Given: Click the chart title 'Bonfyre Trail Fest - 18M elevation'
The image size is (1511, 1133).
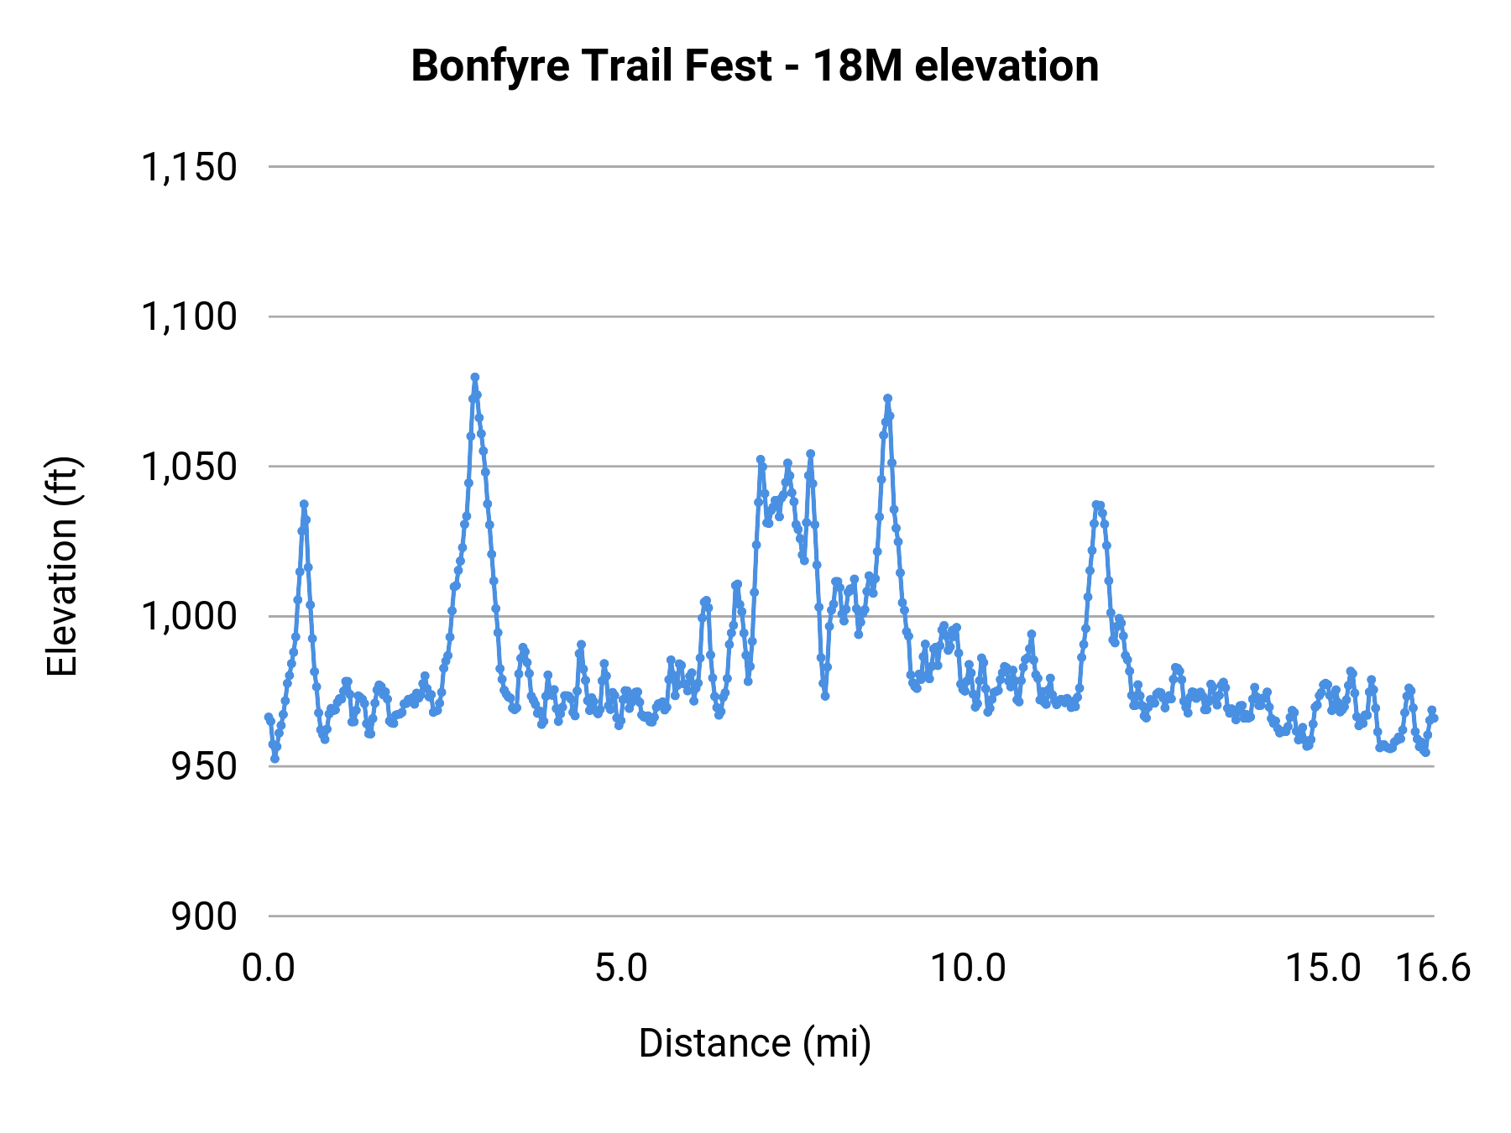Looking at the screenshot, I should (x=754, y=65).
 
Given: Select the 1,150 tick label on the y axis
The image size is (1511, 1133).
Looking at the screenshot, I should (x=190, y=167).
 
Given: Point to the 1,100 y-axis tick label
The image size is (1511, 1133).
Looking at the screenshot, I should (x=190, y=317).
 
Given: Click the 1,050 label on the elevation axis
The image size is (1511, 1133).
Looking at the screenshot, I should (x=190, y=467).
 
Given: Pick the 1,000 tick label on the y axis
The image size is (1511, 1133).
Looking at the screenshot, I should (x=190, y=617).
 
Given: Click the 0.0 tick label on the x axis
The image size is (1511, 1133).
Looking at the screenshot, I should (x=269, y=969).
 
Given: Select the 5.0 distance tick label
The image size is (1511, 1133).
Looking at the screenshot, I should (x=621, y=969).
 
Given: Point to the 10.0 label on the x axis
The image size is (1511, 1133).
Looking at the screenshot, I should (x=968, y=969).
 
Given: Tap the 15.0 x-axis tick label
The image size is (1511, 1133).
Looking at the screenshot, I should (x=1324, y=969).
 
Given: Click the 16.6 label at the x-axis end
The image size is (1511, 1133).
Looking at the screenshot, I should (x=1433, y=969).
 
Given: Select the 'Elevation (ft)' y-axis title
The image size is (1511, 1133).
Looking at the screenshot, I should (x=62, y=566).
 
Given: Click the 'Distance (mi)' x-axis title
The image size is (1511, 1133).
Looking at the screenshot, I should (x=754, y=1043).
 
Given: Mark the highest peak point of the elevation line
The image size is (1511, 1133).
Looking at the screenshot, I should (x=474, y=378).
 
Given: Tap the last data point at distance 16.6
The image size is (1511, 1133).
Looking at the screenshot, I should (x=1434, y=718).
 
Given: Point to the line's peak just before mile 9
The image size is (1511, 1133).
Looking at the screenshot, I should (x=887, y=399).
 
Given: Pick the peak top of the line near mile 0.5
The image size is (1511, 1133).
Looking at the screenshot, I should (x=304, y=504).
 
